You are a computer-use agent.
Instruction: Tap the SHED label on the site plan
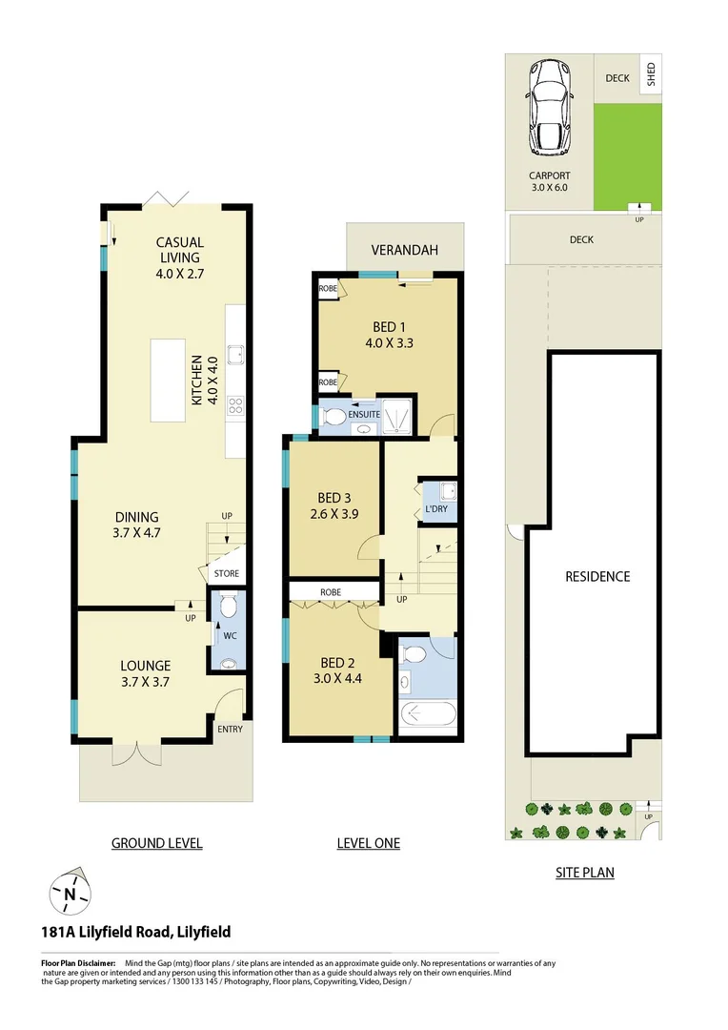[652, 74]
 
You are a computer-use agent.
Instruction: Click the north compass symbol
[70, 894]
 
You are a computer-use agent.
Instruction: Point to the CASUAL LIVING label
[180, 250]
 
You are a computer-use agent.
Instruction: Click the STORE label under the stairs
[227, 574]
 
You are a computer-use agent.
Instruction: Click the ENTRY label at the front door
[230, 730]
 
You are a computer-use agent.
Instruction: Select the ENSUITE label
[364, 415]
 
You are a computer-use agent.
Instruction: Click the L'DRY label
[436, 509]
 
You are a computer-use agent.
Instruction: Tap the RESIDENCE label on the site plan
[597, 576]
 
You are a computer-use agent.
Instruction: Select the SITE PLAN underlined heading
[585, 872]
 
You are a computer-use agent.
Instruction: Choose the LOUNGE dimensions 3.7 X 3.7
[146, 682]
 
